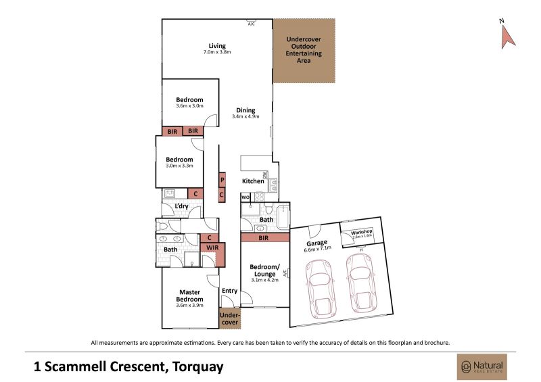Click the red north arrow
click(x=508, y=37)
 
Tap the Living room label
click(x=217, y=46)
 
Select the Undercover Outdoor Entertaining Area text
click(x=304, y=49)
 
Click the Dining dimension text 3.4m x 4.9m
click(x=245, y=117)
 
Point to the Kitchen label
click(x=253, y=181)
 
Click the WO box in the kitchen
click(x=245, y=197)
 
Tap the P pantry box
click(x=222, y=180)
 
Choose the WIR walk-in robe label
click(x=212, y=247)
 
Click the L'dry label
click(x=181, y=206)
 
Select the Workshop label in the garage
click(x=362, y=232)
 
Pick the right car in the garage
click(x=361, y=283)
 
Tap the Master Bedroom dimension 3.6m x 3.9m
click(x=189, y=306)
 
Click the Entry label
click(x=229, y=291)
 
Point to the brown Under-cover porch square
click(x=230, y=318)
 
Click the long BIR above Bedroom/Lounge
click(x=265, y=237)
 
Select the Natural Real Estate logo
click(x=482, y=367)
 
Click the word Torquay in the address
click(x=198, y=366)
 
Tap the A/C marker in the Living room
click(x=251, y=24)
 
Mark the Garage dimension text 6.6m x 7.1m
click(x=317, y=249)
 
